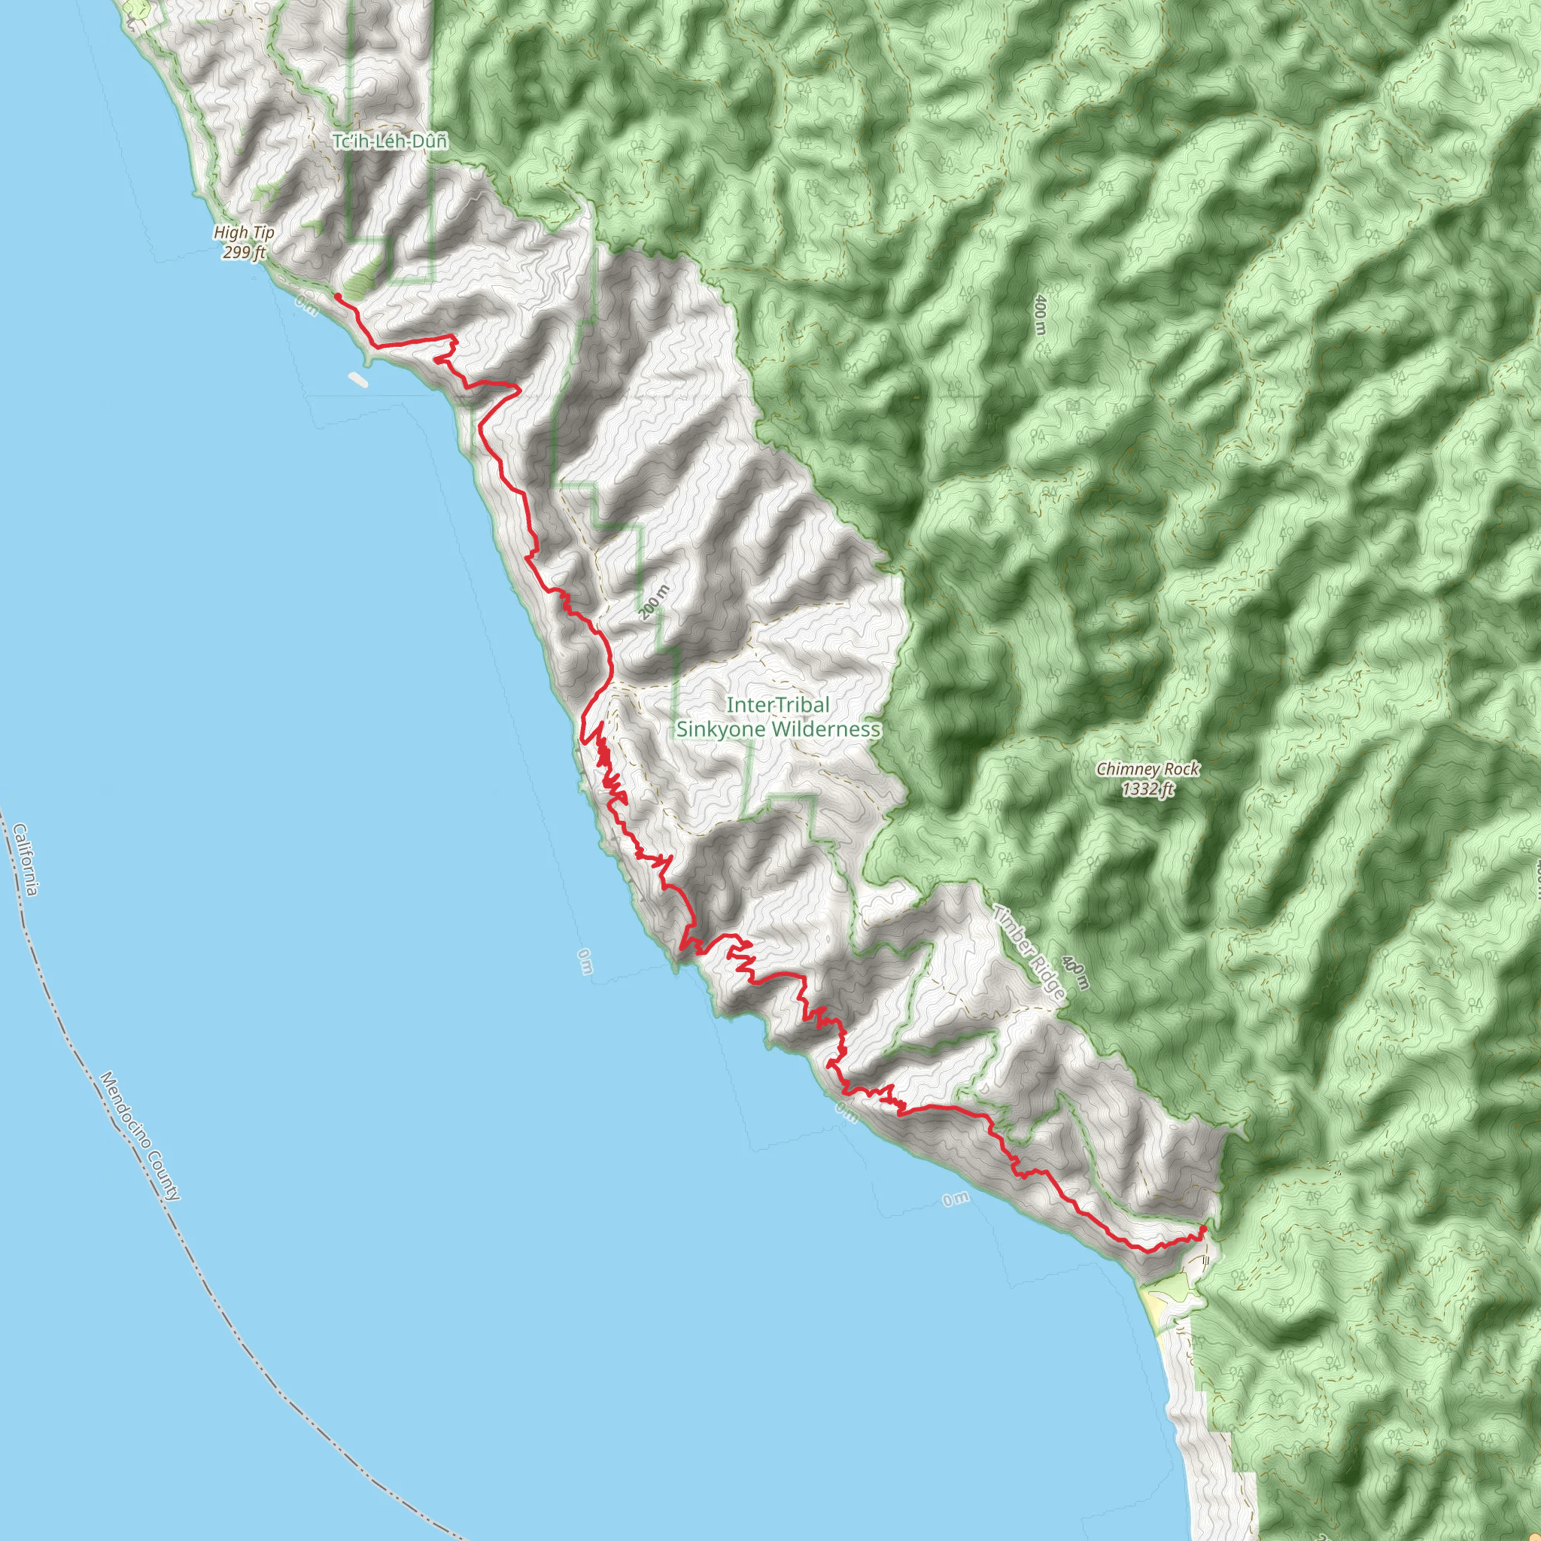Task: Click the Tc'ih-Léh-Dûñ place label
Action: [389, 141]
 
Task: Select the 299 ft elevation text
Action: [244, 252]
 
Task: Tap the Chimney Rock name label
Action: [1147, 769]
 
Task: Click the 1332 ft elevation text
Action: [1147, 789]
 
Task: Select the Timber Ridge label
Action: [1029, 953]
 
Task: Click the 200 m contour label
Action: [654, 602]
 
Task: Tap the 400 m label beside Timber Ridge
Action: [1076, 974]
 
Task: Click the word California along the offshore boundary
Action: [25, 859]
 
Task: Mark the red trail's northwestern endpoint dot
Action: [337, 296]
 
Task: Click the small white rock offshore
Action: [357, 378]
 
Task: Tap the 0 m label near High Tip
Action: [306, 305]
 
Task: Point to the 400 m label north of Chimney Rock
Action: [1038, 315]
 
